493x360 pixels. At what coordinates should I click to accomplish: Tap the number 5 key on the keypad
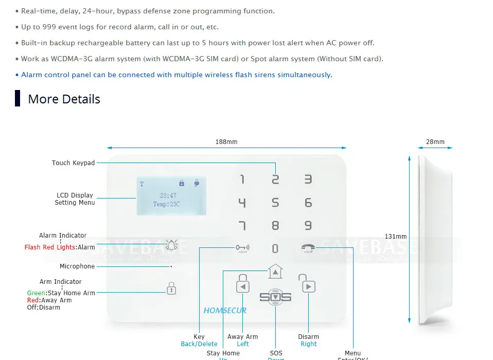tap(275, 203)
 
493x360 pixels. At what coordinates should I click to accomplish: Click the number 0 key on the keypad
tap(275, 248)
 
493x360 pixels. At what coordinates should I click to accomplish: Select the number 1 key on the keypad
tap(242, 179)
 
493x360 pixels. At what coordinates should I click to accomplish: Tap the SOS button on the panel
tap(275, 297)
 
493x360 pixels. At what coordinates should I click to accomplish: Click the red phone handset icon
tap(307, 248)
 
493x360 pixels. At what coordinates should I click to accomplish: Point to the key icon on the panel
tap(242, 248)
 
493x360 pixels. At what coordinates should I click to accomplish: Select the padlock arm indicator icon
tap(171, 289)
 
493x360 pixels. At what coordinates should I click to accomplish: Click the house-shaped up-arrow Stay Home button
tap(275, 271)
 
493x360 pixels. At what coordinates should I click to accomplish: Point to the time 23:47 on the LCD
tap(168, 196)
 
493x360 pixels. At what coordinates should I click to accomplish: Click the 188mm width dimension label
tap(226, 142)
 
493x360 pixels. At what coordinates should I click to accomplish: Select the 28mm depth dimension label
tap(435, 142)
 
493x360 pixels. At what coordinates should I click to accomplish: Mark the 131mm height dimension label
tap(396, 237)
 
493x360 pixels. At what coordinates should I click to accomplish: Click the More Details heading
tap(64, 99)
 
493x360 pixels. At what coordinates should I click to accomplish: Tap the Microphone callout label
tap(77, 266)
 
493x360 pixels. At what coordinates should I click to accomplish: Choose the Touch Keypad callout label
tap(73, 163)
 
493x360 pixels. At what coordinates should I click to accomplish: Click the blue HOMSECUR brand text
tap(225, 311)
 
